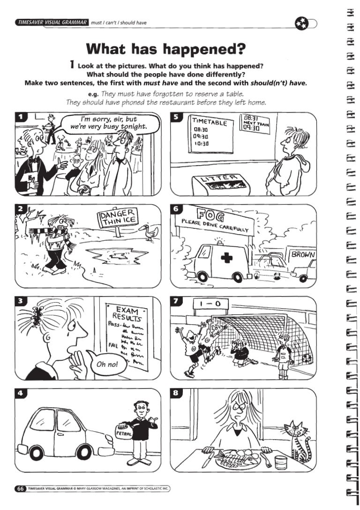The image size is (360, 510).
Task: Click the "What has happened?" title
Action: pos(166,49)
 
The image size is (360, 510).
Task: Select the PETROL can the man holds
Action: pos(123,433)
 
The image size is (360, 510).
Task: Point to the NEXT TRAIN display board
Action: pos(255,123)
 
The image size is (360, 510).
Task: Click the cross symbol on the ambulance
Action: pos(227,258)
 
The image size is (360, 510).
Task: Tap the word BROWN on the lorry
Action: pos(302,254)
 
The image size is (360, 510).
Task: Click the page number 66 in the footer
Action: pos(20,488)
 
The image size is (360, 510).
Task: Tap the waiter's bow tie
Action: pos(33,160)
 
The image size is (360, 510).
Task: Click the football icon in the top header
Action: pos(301,23)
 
